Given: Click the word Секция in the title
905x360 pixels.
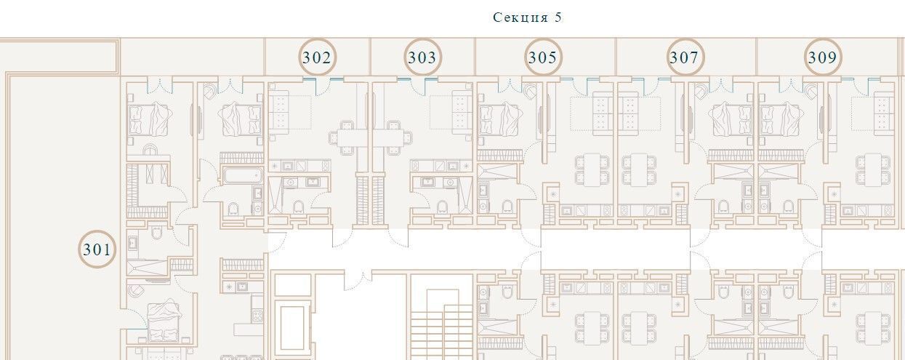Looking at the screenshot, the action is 520,17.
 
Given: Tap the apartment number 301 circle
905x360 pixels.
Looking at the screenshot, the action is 97,249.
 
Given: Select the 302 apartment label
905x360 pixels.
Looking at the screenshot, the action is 317,57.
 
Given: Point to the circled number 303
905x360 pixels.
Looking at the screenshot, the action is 422,57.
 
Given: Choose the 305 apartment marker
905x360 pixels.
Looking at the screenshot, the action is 543,57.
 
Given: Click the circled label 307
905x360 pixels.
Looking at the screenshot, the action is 685,57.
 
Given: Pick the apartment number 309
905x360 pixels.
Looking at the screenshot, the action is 823,57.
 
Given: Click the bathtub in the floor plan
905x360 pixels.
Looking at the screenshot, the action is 242,175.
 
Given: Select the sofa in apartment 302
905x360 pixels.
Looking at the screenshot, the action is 279,112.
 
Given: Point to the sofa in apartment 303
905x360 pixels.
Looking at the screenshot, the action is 462,112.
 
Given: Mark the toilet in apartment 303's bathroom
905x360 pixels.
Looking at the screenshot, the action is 442,207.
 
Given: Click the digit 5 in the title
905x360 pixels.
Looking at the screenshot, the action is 558,17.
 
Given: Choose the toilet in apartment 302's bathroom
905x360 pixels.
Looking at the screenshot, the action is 298,207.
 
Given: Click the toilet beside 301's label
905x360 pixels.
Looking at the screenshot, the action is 156,233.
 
